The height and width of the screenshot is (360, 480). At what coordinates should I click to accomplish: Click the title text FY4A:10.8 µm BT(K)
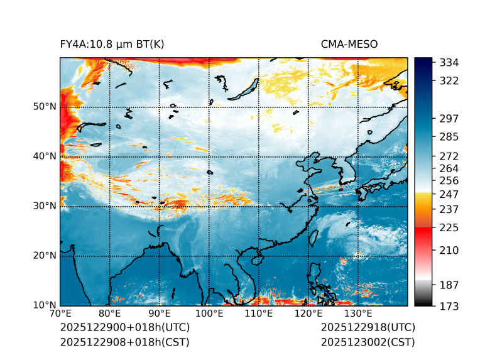[x=112, y=44]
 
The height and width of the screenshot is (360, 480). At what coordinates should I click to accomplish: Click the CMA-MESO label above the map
[x=349, y=44]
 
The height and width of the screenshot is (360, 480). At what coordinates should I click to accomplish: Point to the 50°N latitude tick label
[x=45, y=107]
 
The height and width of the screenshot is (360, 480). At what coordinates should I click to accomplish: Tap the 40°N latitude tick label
[x=45, y=156]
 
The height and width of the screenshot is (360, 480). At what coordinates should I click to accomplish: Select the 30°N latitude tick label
[x=45, y=206]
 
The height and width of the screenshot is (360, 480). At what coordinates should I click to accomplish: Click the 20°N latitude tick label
[x=45, y=256]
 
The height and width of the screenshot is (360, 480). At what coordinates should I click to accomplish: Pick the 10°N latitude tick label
[x=45, y=305]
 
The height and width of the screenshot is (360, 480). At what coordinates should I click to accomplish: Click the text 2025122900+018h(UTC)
[x=124, y=328]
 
